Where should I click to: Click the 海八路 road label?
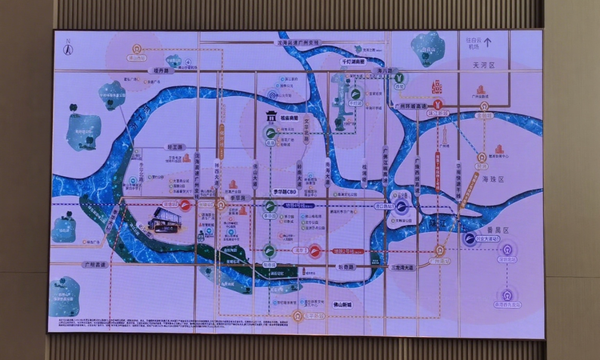click(x=387, y=71)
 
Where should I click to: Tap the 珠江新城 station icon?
click(x=437, y=104)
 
